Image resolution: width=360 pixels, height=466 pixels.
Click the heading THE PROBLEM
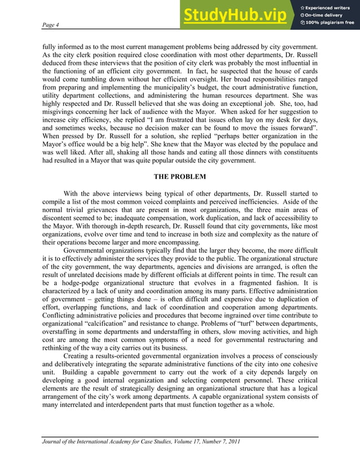click(x=180, y=177)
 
